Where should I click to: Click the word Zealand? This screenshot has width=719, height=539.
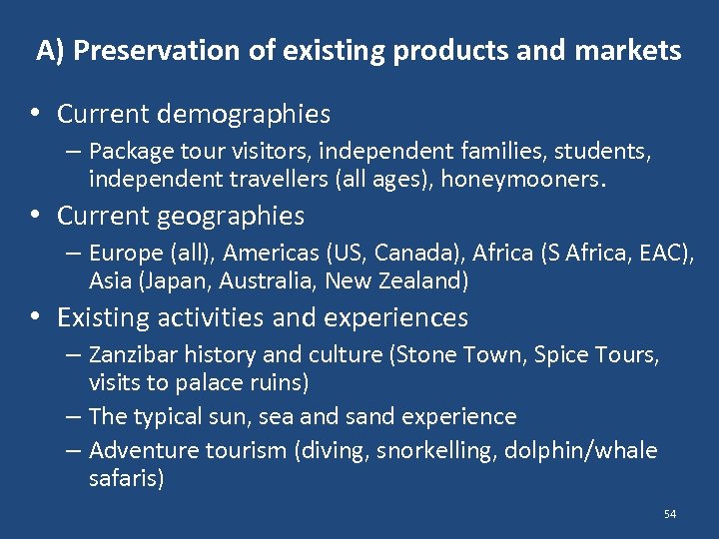422,280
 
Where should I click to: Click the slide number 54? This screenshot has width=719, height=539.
669,514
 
